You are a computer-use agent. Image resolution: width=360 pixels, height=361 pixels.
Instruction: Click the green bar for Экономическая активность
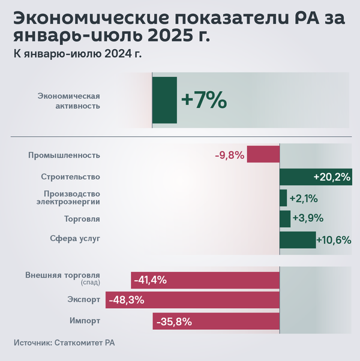(164, 100)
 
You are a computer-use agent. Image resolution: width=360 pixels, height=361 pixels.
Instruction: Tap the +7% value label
(204, 100)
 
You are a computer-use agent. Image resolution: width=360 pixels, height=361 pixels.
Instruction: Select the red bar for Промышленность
(263, 155)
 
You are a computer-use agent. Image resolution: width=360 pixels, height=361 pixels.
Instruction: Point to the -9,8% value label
(229, 155)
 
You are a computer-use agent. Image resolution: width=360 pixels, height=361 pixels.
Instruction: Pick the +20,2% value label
(332, 177)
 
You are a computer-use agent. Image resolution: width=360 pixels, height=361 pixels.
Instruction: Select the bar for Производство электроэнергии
(283, 198)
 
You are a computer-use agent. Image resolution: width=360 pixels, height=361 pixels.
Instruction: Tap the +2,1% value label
(303, 198)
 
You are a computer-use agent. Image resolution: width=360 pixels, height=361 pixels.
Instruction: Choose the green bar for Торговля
(285, 219)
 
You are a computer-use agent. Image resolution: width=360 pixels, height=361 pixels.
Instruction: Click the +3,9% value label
(307, 219)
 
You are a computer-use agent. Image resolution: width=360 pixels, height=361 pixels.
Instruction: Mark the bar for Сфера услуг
(298, 240)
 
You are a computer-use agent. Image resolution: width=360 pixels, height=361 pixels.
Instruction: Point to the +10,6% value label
(334, 240)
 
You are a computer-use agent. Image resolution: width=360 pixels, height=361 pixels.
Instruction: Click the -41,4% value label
(150, 280)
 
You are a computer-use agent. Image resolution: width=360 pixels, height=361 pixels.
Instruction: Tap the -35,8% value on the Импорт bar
(173, 322)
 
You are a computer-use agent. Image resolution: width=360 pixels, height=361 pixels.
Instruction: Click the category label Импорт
(85, 321)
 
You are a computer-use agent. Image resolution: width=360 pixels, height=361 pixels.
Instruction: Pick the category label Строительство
(70, 177)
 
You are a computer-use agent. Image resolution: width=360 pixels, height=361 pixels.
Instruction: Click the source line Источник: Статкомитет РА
(64, 344)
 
